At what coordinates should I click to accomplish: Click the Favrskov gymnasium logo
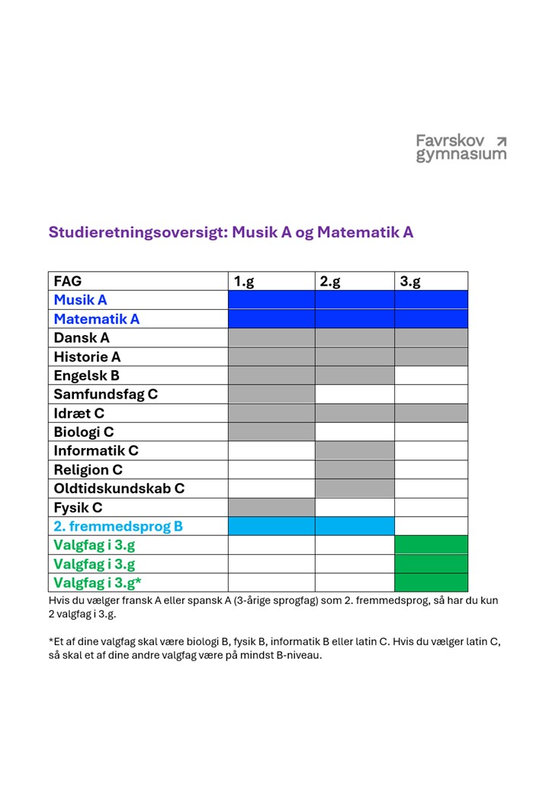pos(460,148)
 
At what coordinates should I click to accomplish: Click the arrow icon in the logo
pos(501,140)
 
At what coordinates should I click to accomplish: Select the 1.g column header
pos(244,282)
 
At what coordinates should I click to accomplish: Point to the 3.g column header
pos(410,282)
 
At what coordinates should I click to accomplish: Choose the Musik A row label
pos(80,300)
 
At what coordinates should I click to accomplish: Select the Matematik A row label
pos(96,319)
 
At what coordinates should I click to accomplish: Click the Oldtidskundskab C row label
pos(119,489)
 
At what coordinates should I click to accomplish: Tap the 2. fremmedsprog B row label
pos(118,526)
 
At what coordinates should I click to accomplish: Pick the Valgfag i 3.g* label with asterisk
pos(98,583)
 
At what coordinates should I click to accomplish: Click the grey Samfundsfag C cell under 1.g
pos(271,394)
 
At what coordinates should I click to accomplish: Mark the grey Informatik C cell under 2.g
pos(355,450)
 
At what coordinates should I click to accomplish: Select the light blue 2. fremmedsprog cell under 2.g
pos(355,526)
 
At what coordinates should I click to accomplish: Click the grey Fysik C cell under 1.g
pos(271,507)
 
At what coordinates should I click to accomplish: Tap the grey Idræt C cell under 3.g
pos(431,413)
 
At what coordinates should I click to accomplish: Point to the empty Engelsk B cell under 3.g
pos(431,376)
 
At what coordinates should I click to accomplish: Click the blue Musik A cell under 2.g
pos(355,300)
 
